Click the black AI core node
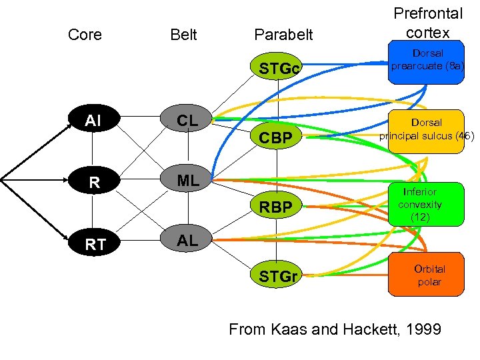[93, 121]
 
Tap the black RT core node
[95, 244]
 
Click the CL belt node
[187, 121]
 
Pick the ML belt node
[187, 180]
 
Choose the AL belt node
[187, 241]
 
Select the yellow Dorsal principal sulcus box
[427, 131]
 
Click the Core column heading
[85, 35]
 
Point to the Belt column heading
[183, 35]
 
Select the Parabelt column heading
[284, 35]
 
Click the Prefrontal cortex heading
[427, 23]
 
